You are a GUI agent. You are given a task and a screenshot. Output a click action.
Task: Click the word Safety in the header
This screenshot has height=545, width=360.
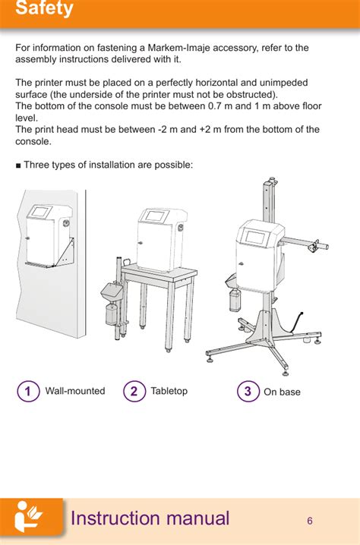click(44, 8)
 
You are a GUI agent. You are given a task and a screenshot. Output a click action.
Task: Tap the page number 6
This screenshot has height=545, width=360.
click(310, 521)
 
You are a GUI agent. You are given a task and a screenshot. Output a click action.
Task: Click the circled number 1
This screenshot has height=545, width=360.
click(28, 391)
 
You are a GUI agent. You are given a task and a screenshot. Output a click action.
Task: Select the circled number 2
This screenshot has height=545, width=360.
click(134, 391)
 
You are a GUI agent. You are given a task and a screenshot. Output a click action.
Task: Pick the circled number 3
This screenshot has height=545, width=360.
click(248, 391)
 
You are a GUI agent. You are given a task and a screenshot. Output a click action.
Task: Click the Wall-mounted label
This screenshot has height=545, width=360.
click(75, 391)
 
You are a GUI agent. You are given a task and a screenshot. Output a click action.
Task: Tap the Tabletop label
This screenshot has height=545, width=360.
click(169, 391)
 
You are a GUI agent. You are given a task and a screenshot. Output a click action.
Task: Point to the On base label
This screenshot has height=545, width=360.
click(282, 392)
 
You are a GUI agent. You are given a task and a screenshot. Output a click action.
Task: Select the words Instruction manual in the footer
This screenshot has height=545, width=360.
click(150, 518)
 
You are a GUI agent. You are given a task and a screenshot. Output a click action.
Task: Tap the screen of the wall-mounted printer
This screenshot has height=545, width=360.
click(41, 212)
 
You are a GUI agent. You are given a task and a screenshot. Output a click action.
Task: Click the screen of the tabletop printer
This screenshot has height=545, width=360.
click(153, 216)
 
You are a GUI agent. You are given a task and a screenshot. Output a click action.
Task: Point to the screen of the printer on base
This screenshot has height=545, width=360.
click(256, 238)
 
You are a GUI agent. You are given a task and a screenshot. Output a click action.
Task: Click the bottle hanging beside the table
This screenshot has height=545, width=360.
click(112, 313)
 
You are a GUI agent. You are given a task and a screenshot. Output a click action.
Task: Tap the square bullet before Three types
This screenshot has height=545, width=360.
click(18, 165)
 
